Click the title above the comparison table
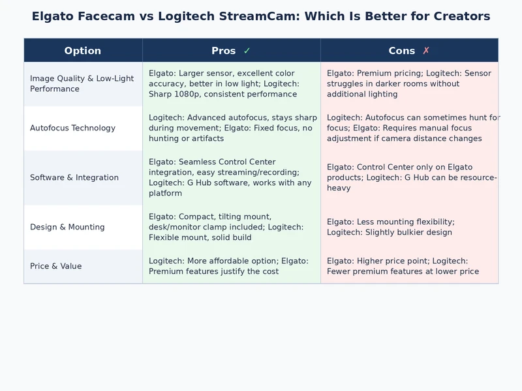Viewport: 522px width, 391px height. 261,16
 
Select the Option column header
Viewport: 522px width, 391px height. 83,51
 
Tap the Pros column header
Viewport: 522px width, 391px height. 224,51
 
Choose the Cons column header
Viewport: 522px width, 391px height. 401,51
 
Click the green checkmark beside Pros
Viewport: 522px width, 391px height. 247,51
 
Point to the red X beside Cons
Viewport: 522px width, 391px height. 426,51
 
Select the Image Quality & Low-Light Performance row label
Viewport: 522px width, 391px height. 82,83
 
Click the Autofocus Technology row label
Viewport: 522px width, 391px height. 72,128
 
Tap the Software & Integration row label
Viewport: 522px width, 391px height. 74,177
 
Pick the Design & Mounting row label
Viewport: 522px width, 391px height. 67,227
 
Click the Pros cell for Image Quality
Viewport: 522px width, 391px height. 231,83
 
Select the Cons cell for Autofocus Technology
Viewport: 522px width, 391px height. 409,128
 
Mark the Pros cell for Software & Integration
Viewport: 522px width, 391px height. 231,177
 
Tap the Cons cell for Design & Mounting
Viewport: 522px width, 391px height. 409,227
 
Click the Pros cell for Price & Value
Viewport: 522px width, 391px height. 231,266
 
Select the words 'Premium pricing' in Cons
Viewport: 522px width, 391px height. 390,73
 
